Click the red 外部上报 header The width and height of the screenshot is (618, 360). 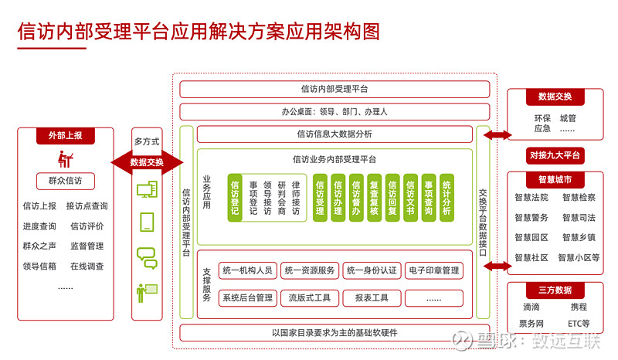click(x=65, y=136)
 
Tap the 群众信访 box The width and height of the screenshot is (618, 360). click(x=65, y=182)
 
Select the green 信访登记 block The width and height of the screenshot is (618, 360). click(x=235, y=198)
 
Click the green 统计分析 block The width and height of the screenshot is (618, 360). click(x=447, y=198)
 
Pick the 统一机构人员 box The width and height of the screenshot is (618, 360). click(x=247, y=270)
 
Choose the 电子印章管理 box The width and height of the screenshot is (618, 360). click(x=433, y=270)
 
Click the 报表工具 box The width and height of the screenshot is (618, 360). click(x=372, y=297)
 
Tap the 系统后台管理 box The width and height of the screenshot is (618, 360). click(x=247, y=297)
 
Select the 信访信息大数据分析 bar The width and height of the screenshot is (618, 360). click(x=334, y=134)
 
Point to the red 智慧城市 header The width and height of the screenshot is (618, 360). click(x=555, y=180)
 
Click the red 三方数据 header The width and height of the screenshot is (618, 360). click(x=555, y=290)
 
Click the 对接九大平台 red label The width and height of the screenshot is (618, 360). click(x=555, y=155)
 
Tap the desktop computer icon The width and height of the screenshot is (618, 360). click(x=147, y=189)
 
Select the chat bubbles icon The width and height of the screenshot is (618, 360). click(x=147, y=257)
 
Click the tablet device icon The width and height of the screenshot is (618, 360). click(x=147, y=222)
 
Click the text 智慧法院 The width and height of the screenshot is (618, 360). click(x=531, y=197)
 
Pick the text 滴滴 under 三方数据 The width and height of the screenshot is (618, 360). click(x=531, y=307)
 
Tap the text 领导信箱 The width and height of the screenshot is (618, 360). click(x=39, y=267)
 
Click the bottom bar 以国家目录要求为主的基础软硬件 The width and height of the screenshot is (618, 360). click(x=334, y=333)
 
